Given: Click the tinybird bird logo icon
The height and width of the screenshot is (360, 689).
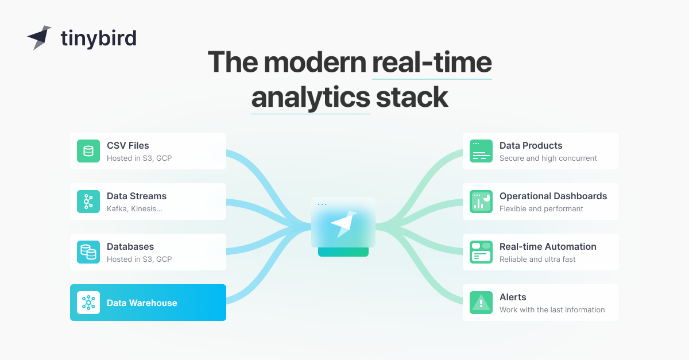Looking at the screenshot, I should tap(39, 37).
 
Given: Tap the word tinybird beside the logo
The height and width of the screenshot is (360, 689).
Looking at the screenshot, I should tap(98, 38).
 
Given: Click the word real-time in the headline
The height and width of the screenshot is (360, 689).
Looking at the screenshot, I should tap(432, 62).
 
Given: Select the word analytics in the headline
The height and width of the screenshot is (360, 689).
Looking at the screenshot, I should tap(310, 97).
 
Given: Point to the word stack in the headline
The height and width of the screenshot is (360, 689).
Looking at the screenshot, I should tap(412, 97).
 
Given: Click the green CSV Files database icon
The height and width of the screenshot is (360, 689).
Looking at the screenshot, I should tap(88, 151).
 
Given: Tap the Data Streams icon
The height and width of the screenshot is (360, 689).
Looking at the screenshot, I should tap(88, 202).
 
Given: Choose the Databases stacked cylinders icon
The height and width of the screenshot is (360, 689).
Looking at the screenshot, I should tap(88, 252).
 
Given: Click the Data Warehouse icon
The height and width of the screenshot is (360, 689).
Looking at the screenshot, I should tap(88, 303).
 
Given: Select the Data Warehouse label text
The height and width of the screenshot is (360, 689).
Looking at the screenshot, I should tap(142, 303).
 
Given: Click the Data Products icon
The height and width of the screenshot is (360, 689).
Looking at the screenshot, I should tap(481, 151).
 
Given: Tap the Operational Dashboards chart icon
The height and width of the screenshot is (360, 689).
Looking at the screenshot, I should tap(481, 202).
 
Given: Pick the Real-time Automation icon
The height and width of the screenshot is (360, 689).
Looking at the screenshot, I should tap(481, 252).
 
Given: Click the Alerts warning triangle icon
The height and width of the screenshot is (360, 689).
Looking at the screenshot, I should tap(481, 303).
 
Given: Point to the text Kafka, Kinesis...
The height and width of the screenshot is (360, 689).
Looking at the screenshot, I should tap(134, 209).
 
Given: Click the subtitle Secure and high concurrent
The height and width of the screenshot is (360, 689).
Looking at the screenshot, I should tap(548, 158).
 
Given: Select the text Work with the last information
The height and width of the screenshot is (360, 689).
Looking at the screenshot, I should tap(552, 310).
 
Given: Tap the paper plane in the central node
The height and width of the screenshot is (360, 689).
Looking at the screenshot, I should tap(343, 222).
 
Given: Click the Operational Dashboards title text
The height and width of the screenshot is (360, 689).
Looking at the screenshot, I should tap(553, 196).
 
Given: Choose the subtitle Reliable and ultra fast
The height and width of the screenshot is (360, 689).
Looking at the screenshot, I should tap(537, 260).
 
